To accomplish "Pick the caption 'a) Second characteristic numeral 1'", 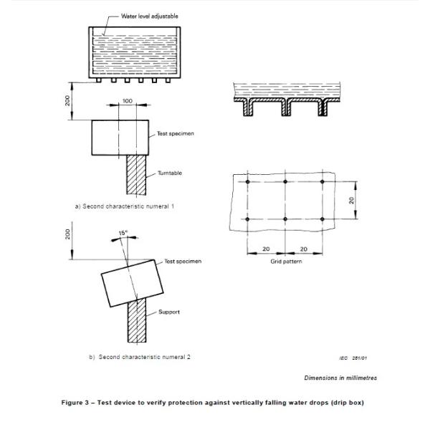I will pyautogui.click(x=125, y=206).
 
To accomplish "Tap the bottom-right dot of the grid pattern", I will pyautogui.click(x=322, y=218).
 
